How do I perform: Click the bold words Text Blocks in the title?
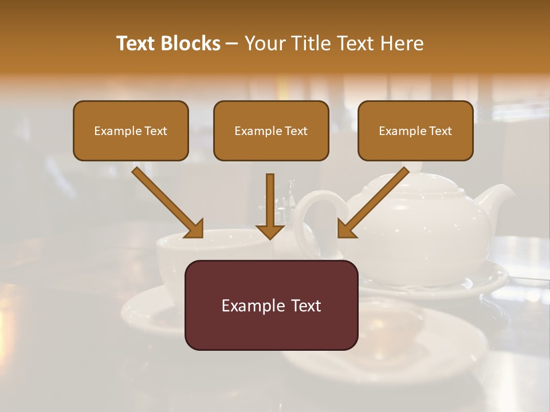tap(168, 43)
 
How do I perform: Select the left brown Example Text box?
tap(131, 130)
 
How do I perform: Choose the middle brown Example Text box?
tap(271, 130)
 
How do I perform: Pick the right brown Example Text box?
tap(415, 130)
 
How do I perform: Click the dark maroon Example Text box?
tap(271, 305)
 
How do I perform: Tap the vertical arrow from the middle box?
tap(270, 206)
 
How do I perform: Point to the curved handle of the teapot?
tap(312, 206)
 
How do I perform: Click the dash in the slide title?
tap(232, 43)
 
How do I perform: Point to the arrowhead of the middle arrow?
tap(270, 231)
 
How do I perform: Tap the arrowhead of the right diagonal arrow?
tap(347, 228)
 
